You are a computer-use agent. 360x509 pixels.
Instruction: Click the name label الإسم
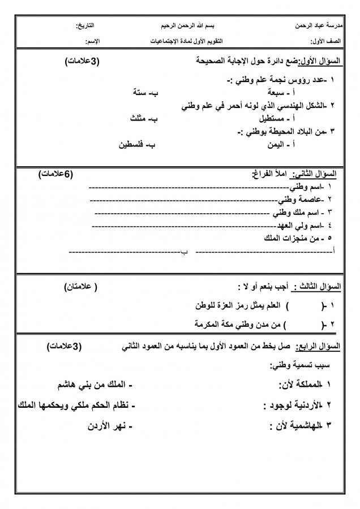pyautogui.click(x=92, y=42)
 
